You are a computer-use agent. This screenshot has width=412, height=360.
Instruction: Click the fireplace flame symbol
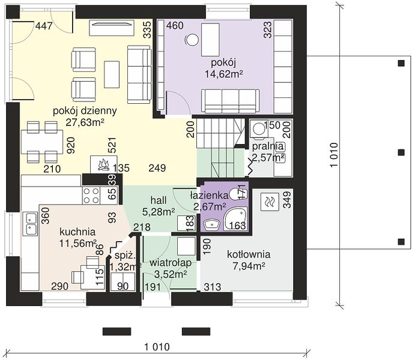(x=103, y=164)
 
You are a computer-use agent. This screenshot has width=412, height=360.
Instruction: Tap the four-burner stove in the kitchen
(x=91, y=196)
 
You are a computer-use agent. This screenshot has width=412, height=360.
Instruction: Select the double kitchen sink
(x=31, y=223)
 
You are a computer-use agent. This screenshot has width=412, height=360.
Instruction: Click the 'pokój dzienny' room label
(x=85, y=111)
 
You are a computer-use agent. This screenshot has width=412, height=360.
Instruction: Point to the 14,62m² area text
(x=223, y=74)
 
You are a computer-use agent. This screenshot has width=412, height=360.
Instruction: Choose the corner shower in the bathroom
(x=235, y=219)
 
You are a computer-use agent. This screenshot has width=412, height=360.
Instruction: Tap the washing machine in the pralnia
(x=258, y=128)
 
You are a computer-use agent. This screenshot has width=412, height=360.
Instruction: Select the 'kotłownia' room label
(x=249, y=254)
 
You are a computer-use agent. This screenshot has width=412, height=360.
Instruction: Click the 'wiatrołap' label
(x=171, y=263)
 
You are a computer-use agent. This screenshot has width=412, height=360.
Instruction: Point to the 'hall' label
(x=159, y=200)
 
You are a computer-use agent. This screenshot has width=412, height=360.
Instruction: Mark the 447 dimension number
(x=44, y=26)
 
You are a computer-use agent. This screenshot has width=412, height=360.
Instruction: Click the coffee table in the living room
(x=112, y=74)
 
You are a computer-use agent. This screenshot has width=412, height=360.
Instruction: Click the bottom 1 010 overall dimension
(x=157, y=347)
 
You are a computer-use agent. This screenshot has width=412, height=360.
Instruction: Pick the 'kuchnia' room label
(x=77, y=232)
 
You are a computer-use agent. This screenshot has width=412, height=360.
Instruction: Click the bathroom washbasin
(x=211, y=225)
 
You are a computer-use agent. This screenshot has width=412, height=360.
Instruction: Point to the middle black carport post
(x=401, y=152)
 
